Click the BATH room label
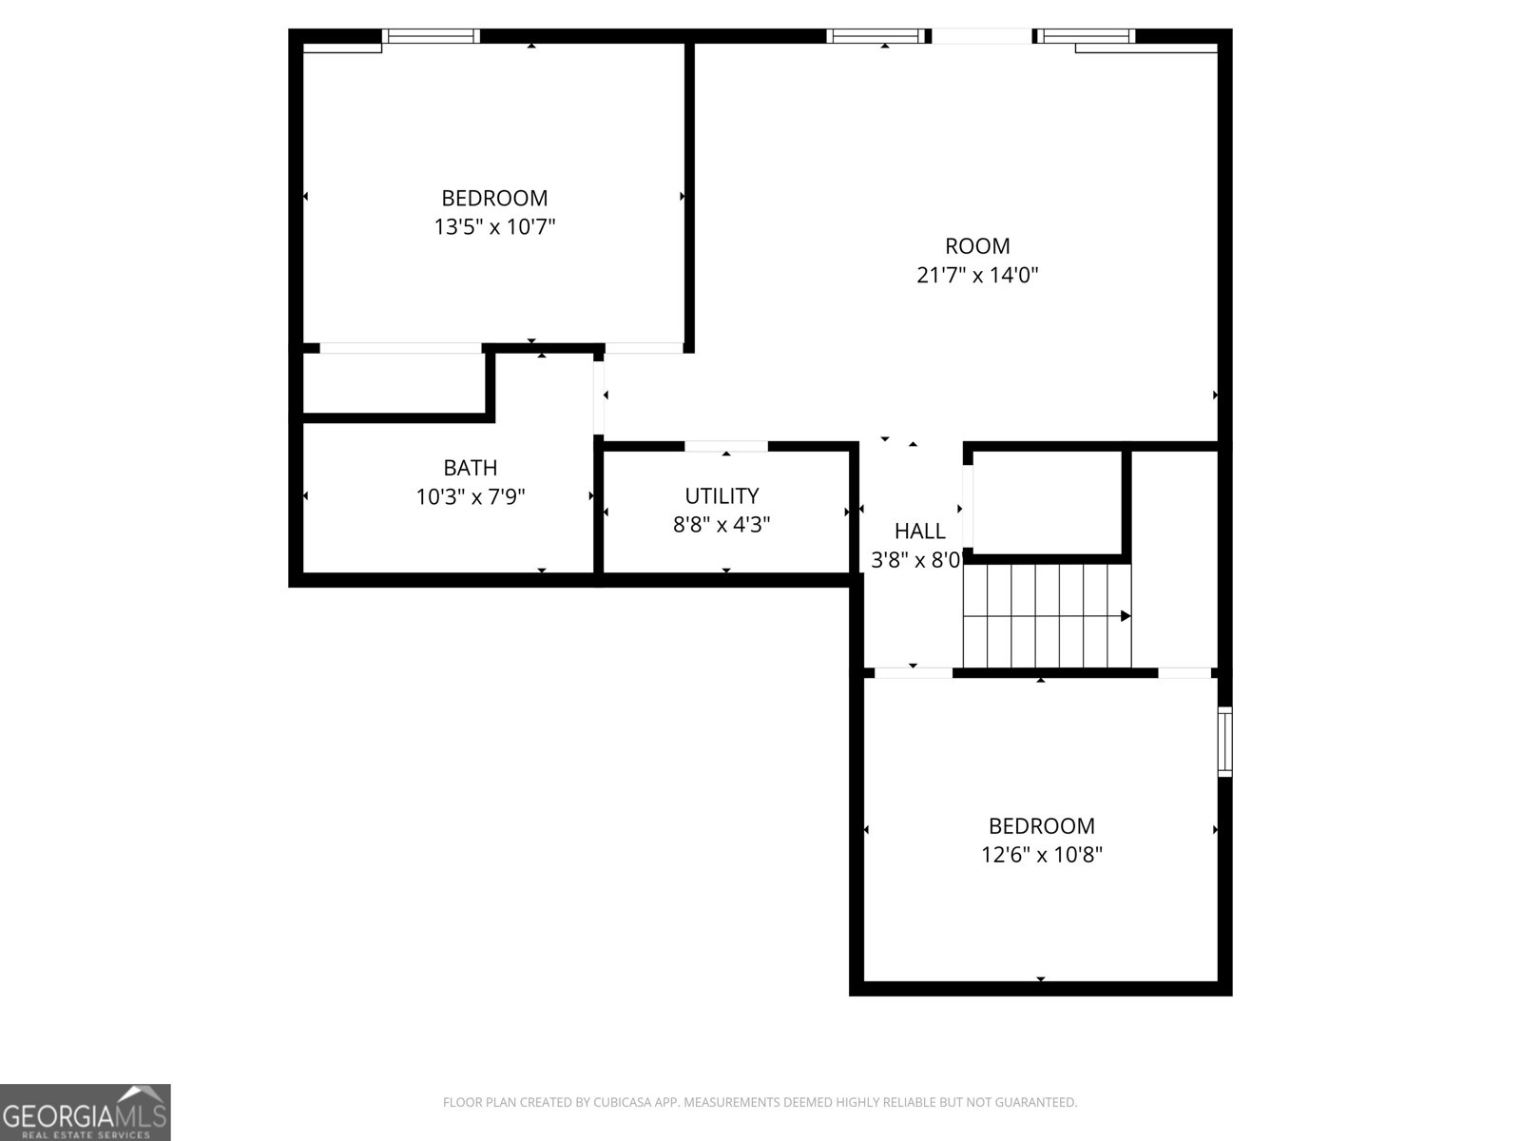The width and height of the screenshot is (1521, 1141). pos(470,468)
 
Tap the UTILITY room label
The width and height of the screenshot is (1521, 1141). pos(722,495)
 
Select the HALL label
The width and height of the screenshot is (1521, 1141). pos(919,532)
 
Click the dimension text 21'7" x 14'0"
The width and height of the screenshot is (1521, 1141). pos(976,276)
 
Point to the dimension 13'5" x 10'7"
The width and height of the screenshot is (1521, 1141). pos(494,227)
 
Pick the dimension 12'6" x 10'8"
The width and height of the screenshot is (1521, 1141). pos(1041,855)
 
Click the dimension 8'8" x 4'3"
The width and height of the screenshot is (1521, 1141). pos(722,524)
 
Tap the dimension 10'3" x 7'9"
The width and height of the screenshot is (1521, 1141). pos(470,496)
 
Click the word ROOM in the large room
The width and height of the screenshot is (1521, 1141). pos(976,246)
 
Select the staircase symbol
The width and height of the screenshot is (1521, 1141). pos(1046,616)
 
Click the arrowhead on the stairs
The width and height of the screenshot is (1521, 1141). pos(1126,616)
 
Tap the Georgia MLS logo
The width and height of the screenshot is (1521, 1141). pos(85,1112)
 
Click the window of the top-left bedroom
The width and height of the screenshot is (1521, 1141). pos(431,37)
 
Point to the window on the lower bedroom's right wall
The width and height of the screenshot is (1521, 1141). pos(1224,742)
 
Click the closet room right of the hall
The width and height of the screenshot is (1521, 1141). pos(1046,502)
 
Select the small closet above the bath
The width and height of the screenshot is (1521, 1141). pos(393,383)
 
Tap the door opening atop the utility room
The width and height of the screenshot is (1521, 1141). pos(726,446)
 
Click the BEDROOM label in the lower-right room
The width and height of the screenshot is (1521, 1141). pos(1041,825)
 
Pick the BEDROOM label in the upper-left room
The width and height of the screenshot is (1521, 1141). pos(494,198)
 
